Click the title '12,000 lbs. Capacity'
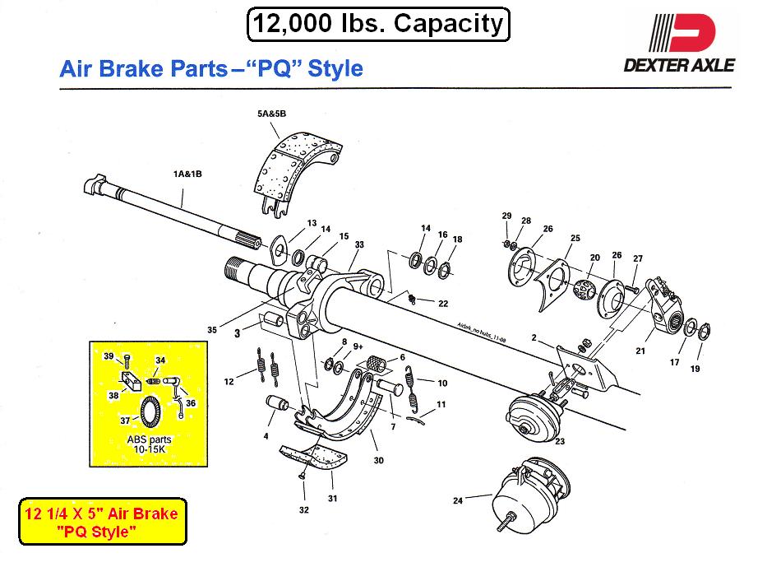(x=378, y=24)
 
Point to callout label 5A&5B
(x=270, y=115)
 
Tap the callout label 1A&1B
(x=189, y=174)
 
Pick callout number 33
(x=359, y=244)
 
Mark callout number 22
(x=443, y=304)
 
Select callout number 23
(x=560, y=442)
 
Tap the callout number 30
(x=378, y=461)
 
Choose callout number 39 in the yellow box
(x=108, y=356)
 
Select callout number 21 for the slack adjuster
(x=639, y=351)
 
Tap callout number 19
(x=695, y=370)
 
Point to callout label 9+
(x=358, y=346)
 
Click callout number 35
(x=212, y=330)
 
